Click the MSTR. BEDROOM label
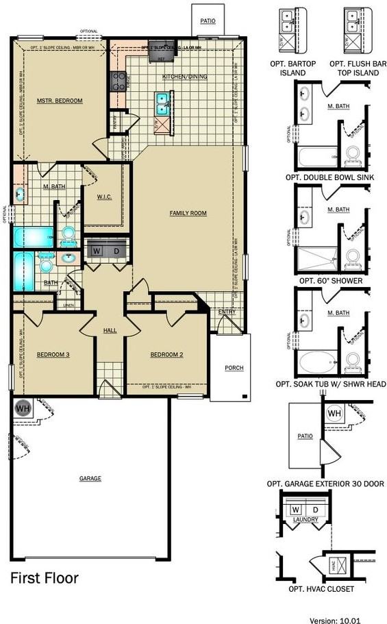60,101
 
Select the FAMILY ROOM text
188,213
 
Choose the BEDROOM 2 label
167,354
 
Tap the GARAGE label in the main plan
90,478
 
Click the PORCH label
234,368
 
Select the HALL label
110,330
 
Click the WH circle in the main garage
21,408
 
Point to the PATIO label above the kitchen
208,21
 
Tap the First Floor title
44,578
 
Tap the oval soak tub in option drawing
317,360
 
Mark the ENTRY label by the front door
227,312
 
